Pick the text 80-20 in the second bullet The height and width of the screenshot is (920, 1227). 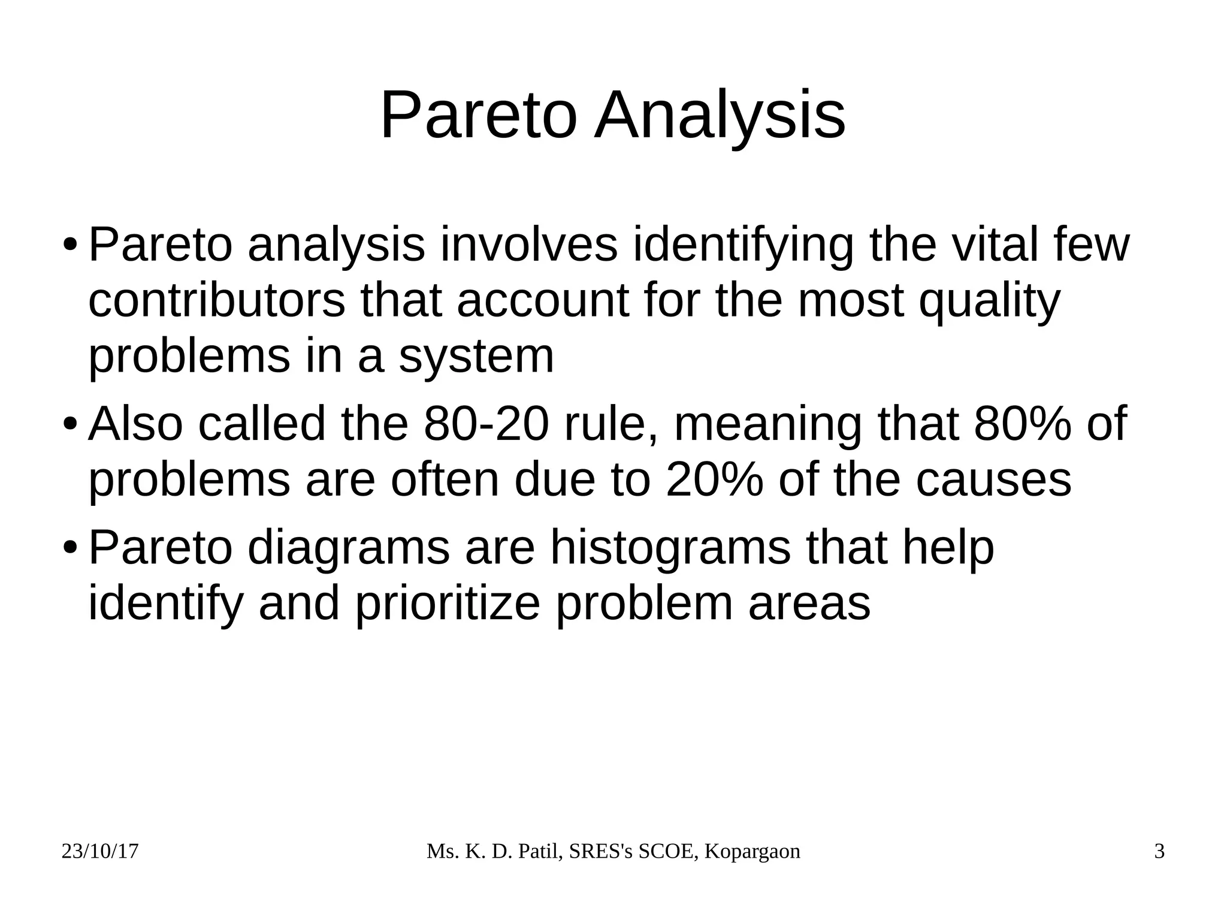point(486,424)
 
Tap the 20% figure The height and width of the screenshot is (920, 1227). point(714,479)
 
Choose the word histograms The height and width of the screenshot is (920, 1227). point(670,548)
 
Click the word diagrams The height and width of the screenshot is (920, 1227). point(348,548)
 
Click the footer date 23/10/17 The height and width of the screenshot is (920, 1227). point(100,852)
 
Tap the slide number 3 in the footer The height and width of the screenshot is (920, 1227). point(1159,852)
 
